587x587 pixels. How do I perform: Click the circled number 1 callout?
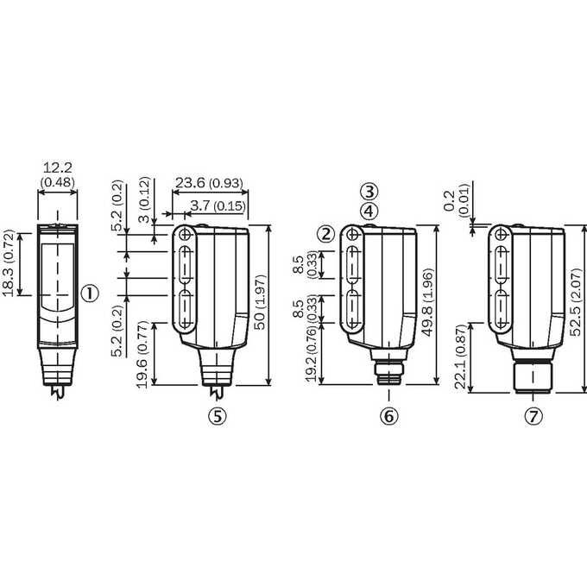pos(91,293)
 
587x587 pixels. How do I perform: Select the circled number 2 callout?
pos(326,235)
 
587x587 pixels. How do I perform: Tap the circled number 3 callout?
pos(369,192)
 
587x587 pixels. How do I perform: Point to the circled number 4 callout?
pos(369,211)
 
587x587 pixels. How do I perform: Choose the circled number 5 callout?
pos(218,416)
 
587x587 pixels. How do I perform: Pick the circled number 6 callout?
pos(389,416)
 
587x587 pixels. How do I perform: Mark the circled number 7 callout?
pos(533,416)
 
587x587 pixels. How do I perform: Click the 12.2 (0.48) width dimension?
pos(58,174)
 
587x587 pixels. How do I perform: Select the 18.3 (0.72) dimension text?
pos(8,263)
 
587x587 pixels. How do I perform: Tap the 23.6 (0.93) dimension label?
pos(209,183)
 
